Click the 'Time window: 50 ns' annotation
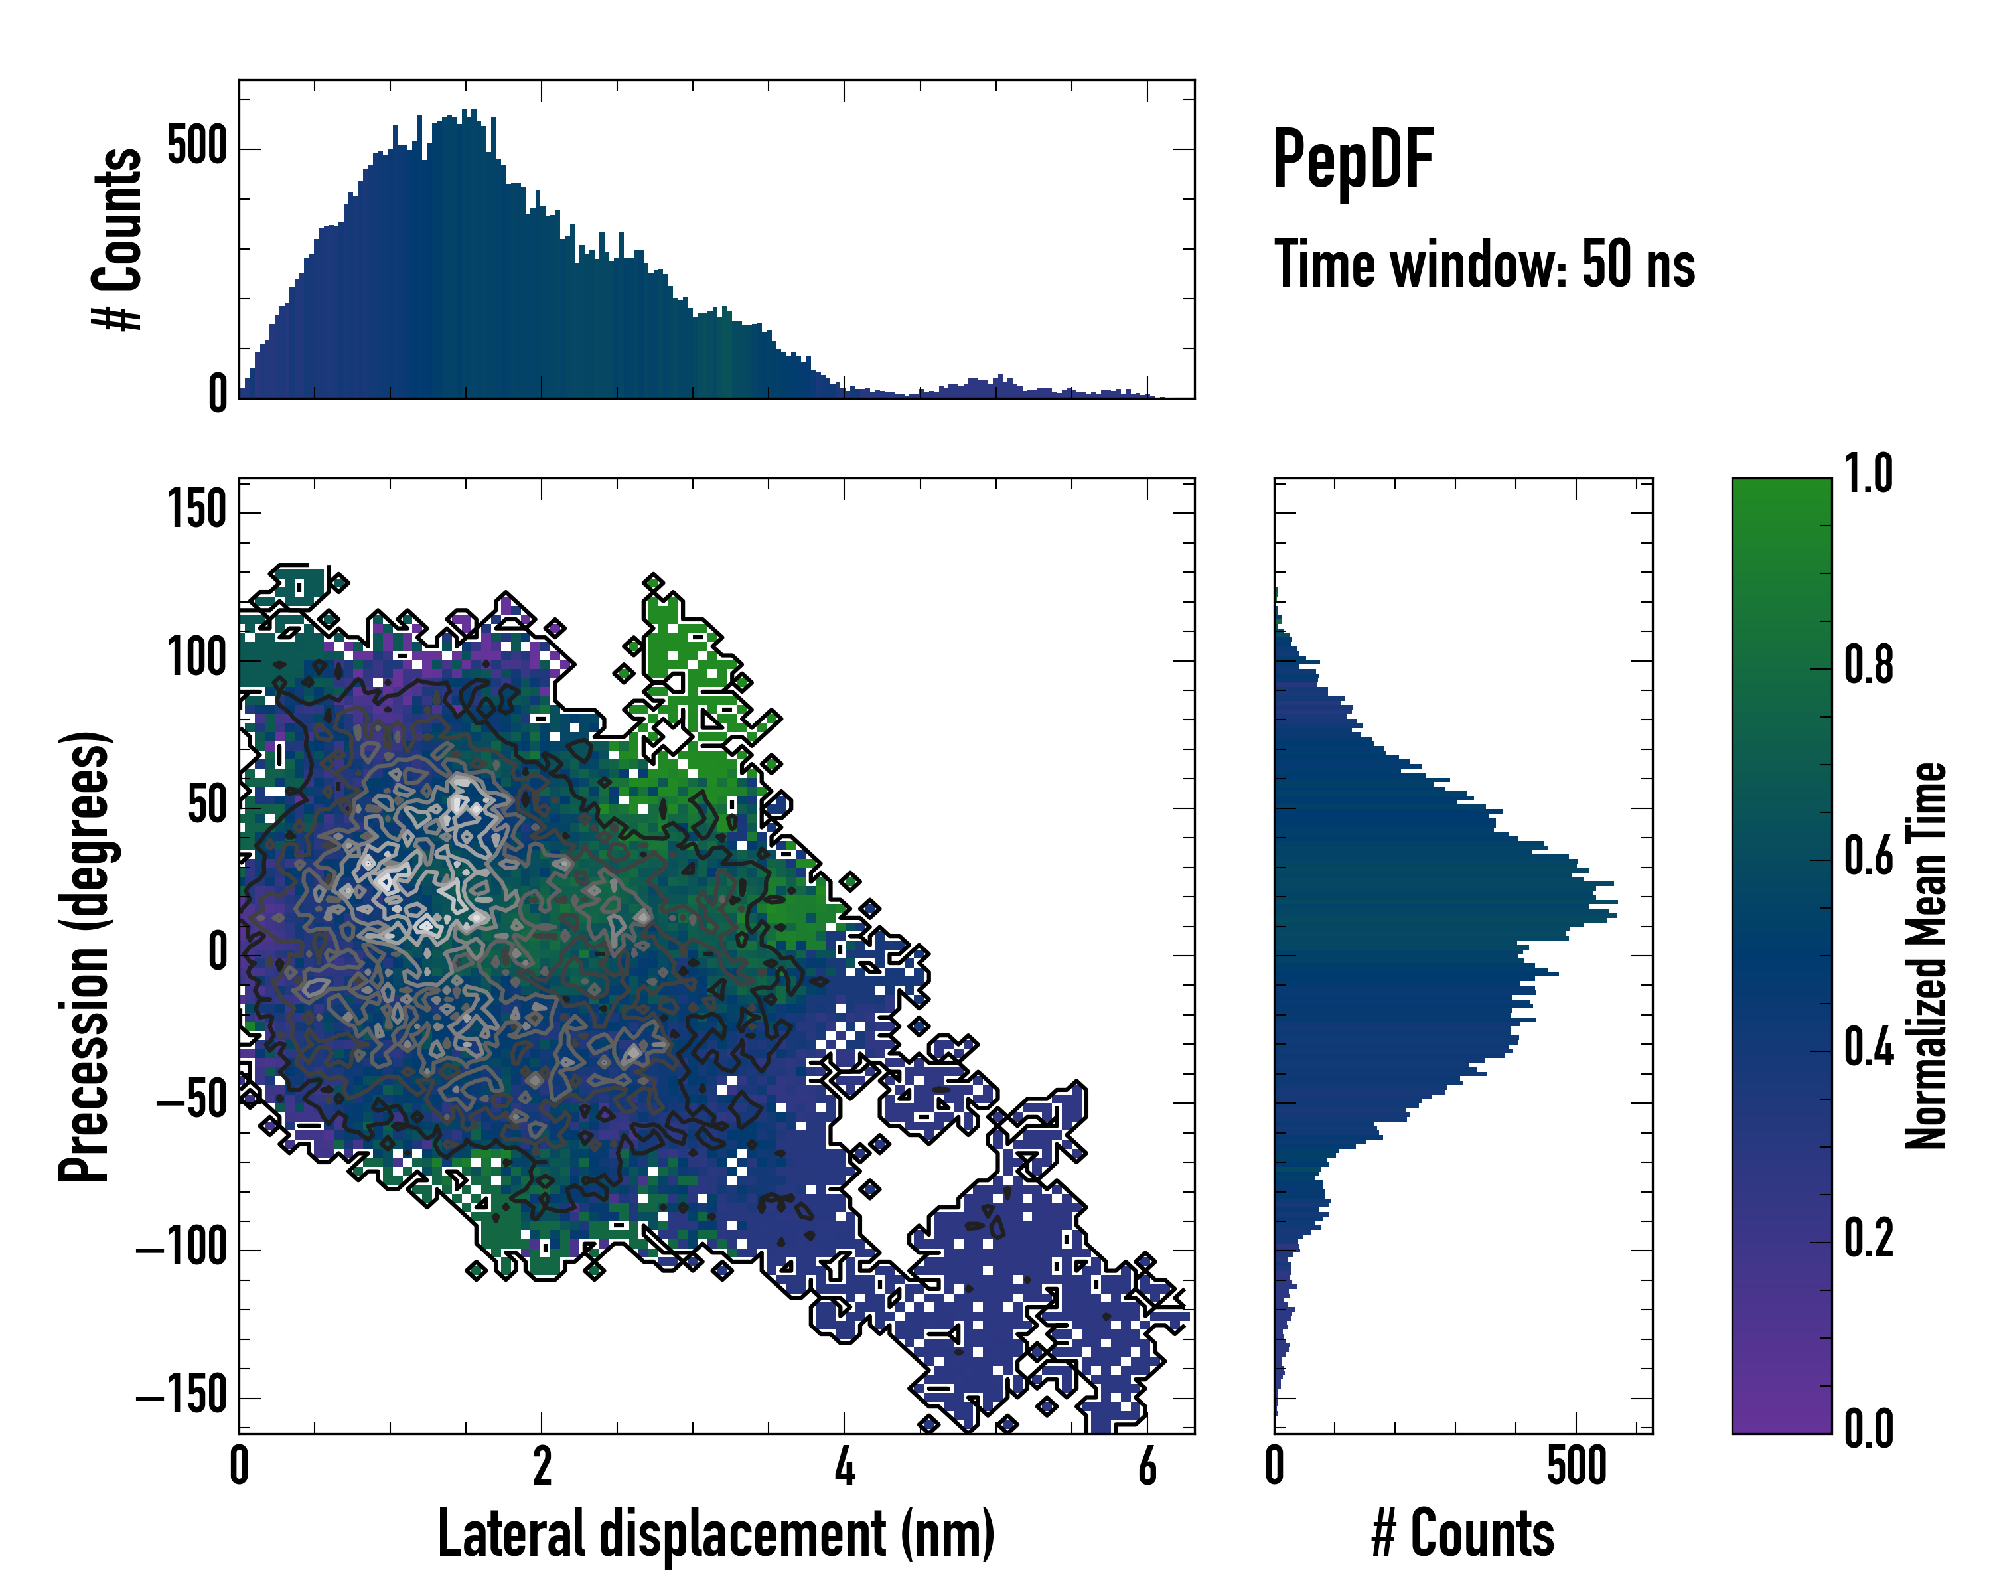tap(1484, 264)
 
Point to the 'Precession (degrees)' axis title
tap(85, 956)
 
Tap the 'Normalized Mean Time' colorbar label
tap(1927, 956)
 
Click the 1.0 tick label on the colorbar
tap(1868, 474)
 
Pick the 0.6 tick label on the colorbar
tap(1868, 857)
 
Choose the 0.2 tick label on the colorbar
tap(1868, 1239)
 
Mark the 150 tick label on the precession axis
tap(196, 510)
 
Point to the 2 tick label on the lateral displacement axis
tap(542, 1466)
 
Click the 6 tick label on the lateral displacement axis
tap(1147, 1466)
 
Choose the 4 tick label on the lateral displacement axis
tap(844, 1466)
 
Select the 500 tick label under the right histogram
tap(1576, 1466)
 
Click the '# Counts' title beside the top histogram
tap(118, 238)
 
